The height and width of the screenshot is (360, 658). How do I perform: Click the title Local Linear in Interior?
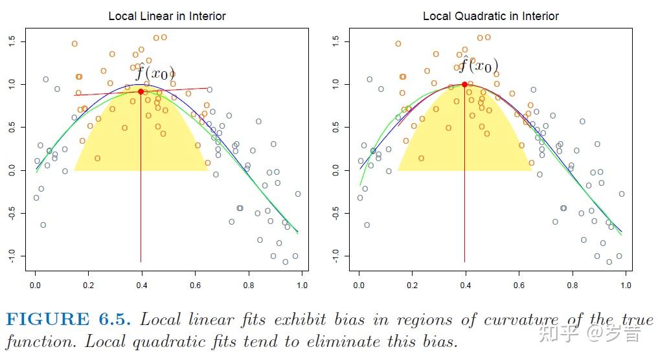(x=167, y=16)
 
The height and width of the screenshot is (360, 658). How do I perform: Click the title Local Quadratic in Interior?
(x=490, y=16)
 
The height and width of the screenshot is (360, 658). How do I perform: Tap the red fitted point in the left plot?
(x=141, y=92)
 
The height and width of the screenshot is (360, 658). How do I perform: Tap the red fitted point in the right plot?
(x=464, y=84)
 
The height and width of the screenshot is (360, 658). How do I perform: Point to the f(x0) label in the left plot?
(x=155, y=72)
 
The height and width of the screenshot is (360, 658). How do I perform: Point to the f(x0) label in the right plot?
(x=479, y=65)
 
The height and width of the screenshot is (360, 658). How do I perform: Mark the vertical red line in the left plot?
(x=141, y=194)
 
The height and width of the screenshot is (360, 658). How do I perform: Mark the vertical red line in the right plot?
(x=464, y=194)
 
